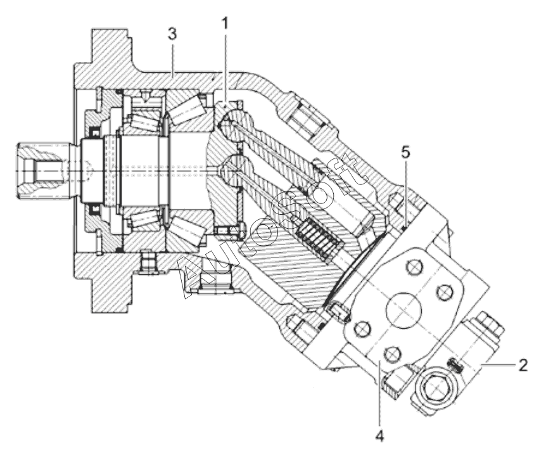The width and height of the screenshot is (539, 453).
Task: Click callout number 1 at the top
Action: click(x=225, y=24)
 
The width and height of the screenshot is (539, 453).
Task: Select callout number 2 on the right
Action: click(x=523, y=365)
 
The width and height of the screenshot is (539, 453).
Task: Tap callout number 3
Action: click(x=172, y=34)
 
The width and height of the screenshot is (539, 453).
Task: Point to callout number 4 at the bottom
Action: click(x=379, y=436)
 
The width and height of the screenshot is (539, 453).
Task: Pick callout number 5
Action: click(x=406, y=153)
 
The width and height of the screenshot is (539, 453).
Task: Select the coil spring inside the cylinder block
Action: click(x=319, y=238)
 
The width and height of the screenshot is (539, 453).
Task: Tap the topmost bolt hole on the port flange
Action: click(x=415, y=266)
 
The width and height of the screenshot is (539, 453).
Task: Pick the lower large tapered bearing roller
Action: click(x=186, y=231)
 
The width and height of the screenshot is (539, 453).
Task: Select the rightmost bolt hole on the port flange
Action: click(x=444, y=292)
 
